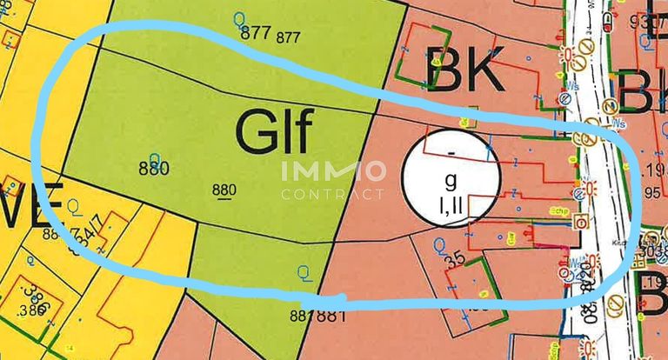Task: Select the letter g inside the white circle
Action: (x=450, y=182)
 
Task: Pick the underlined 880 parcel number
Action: (x=224, y=190)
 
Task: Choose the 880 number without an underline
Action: (x=153, y=168)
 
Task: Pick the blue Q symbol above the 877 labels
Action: (x=241, y=16)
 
